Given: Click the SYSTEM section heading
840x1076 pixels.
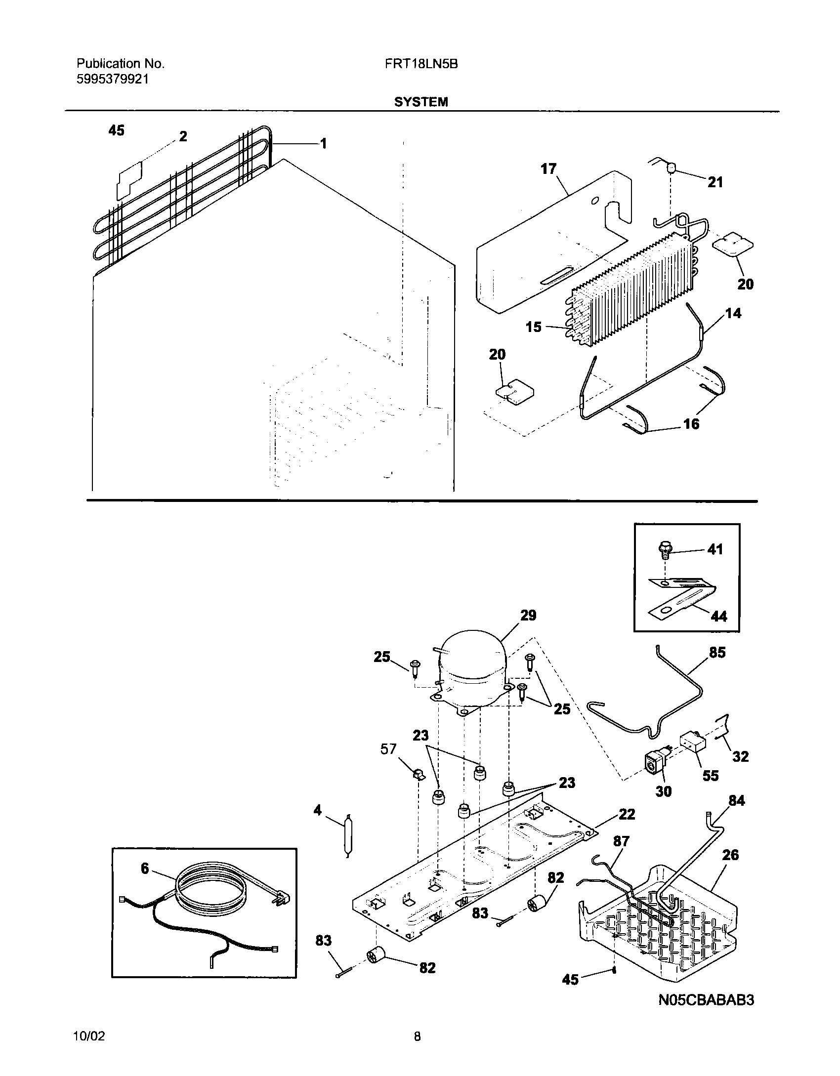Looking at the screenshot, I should [421, 102].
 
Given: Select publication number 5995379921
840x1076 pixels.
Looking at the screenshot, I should [113, 79].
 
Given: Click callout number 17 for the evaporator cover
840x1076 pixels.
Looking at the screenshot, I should [548, 169].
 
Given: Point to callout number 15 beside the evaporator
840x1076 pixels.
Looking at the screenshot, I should [534, 327].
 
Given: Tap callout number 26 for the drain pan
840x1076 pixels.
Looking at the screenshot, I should [730, 855].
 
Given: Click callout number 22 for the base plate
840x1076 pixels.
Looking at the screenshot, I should [627, 814].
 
